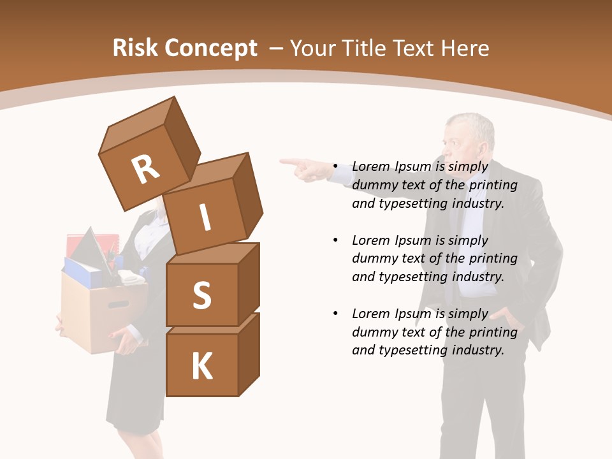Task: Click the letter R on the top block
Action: [145, 170]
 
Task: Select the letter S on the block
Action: [201, 295]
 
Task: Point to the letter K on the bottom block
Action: [201, 367]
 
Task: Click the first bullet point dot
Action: [335, 166]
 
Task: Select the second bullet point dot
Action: [335, 240]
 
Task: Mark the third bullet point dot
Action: [335, 314]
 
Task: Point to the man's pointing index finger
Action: [288, 162]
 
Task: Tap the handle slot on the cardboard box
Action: [118, 305]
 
